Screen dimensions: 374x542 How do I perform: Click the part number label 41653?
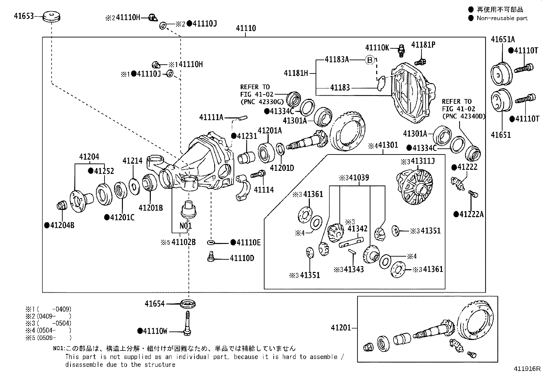tap(23, 15)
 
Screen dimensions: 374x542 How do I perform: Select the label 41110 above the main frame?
tap(246, 28)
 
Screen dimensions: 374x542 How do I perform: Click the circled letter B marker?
tap(370, 60)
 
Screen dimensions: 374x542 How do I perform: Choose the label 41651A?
tap(503, 39)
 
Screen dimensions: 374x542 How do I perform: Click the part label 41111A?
tap(211, 117)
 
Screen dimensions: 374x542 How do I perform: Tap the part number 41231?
tap(247, 136)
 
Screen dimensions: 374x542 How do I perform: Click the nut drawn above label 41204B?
tap(62, 206)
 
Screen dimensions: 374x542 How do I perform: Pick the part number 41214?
tap(132, 161)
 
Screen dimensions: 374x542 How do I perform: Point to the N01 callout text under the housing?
tap(186, 226)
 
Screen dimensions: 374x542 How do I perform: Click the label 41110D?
tap(242, 258)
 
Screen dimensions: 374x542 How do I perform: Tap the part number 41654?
tap(155, 304)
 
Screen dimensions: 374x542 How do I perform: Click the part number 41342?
tap(357, 229)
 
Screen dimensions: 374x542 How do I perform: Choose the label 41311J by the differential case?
tap(423, 161)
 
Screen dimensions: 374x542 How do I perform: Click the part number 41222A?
tap(471, 214)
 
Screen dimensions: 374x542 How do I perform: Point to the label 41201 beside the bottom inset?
tap(341, 328)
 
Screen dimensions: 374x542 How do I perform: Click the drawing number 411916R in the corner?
tap(527, 369)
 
